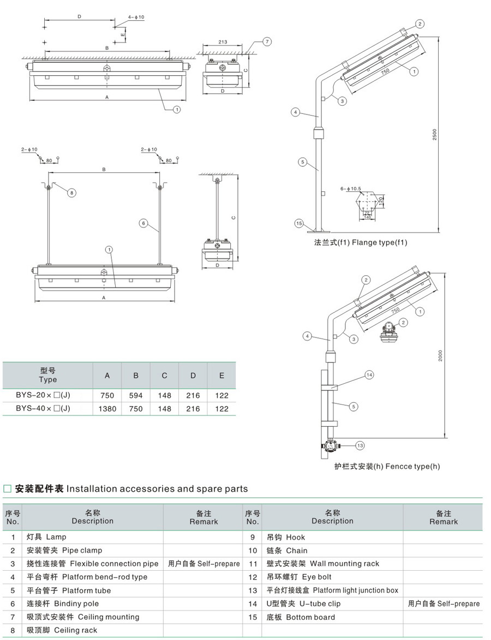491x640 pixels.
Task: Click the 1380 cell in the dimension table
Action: (x=107, y=408)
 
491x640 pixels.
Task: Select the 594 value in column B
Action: (x=136, y=395)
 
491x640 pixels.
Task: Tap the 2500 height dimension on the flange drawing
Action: (x=435, y=134)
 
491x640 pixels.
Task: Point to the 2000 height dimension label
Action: (x=440, y=355)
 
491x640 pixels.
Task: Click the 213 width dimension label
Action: (x=223, y=42)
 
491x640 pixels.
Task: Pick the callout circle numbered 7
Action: (x=266, y=42)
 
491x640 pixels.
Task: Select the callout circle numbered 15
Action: (x=298, y=223)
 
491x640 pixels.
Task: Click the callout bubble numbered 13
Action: (x=360, y=445)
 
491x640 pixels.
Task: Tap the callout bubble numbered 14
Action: (x=369, y=375)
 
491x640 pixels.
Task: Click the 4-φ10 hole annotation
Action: (x=136, y=17)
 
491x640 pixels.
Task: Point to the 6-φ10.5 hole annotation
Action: (x=351, y=189)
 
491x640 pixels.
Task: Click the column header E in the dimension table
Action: (x=221, y=375)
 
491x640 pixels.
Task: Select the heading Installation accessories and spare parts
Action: (x=157, y=489)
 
